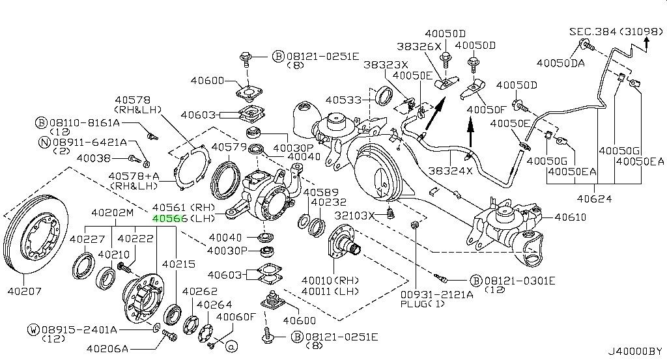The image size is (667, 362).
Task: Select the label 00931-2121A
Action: tap(437, 294)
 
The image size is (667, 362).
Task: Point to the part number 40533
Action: tap(344, 100)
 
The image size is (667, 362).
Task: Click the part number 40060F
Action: tap(236, 317)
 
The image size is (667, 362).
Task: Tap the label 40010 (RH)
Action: tap(330, 280)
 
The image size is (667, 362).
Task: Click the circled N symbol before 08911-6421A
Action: tap(41, 141)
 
